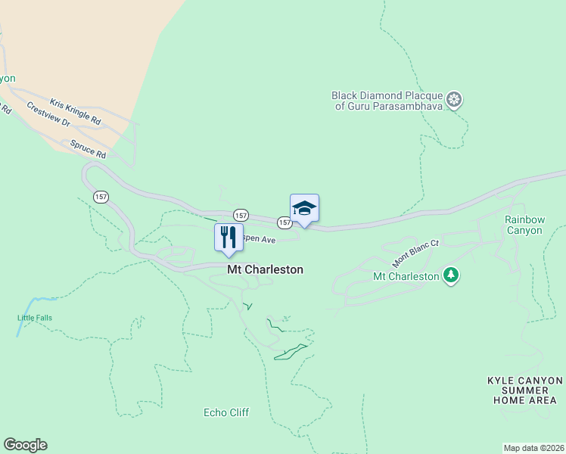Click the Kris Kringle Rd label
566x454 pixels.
point(75,110)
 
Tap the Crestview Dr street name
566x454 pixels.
point(48,114)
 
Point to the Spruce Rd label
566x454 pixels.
point(88,149)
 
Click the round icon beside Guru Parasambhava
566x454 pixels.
point(454,99)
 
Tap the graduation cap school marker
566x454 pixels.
point(304,208)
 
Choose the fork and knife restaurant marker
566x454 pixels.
point(228,237)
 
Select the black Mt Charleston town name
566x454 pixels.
point(266,269)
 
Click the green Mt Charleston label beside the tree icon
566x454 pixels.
point(406,276)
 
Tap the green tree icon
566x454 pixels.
point(451,275)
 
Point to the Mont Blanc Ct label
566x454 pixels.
point(415,254)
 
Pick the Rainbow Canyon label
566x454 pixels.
point(524,225)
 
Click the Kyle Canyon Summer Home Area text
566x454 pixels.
point(524,390)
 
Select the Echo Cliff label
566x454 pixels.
point(226,412)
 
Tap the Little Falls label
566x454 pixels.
point(35,318)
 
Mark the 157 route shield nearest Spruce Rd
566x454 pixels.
point(101,197)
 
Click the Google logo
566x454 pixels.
point(25,445)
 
